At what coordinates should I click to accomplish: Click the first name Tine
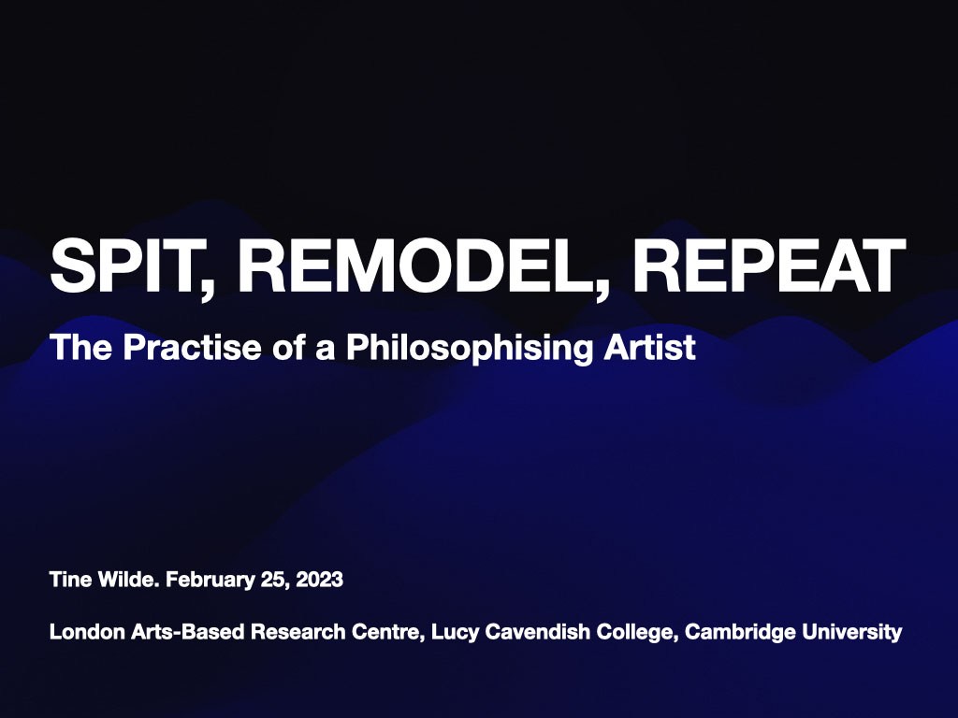pos(68,581)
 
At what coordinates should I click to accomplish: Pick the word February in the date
pos(213,581)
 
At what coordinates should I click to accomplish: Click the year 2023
pos(320,581)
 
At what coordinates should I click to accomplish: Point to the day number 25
pos(277,581)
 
